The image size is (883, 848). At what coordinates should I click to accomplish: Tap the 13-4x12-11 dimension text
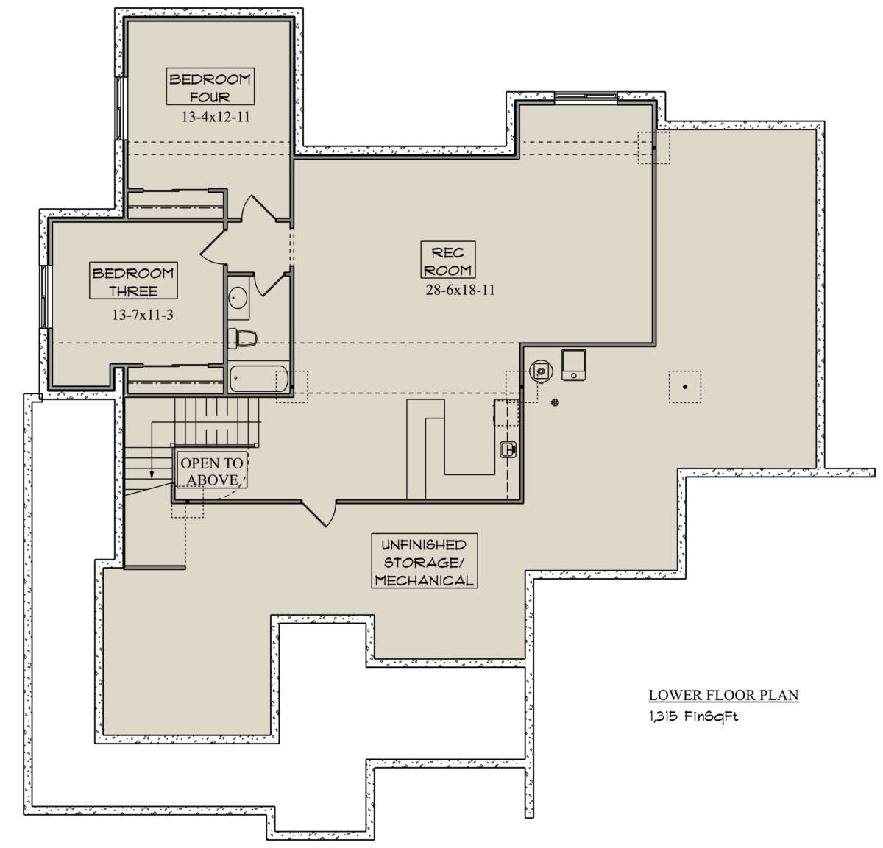[216, 117]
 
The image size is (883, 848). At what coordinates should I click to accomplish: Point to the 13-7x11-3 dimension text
[143, 315]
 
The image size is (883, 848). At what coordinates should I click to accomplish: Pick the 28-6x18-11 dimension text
[460, 290]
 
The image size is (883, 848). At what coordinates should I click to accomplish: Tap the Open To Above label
[211, 471]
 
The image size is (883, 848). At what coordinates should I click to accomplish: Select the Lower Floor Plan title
[723, 695]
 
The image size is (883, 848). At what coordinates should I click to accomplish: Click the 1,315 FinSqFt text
[693, 716]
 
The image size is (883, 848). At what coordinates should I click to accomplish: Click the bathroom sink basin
[238, 298]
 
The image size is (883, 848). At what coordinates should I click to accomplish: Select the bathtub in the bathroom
[258, 379]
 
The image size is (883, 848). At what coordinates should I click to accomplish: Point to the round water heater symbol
[541, 371]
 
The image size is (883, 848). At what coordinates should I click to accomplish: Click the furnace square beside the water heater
[573, 365]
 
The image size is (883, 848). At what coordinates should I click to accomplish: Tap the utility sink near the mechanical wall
[508, 449]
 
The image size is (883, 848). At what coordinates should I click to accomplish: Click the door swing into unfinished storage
[320, 513]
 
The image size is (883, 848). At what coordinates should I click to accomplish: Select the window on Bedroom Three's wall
[44, 296]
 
